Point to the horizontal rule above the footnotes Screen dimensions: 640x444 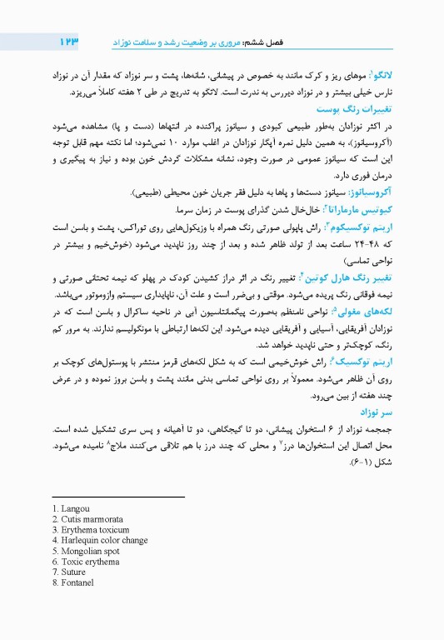pos(117,497)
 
